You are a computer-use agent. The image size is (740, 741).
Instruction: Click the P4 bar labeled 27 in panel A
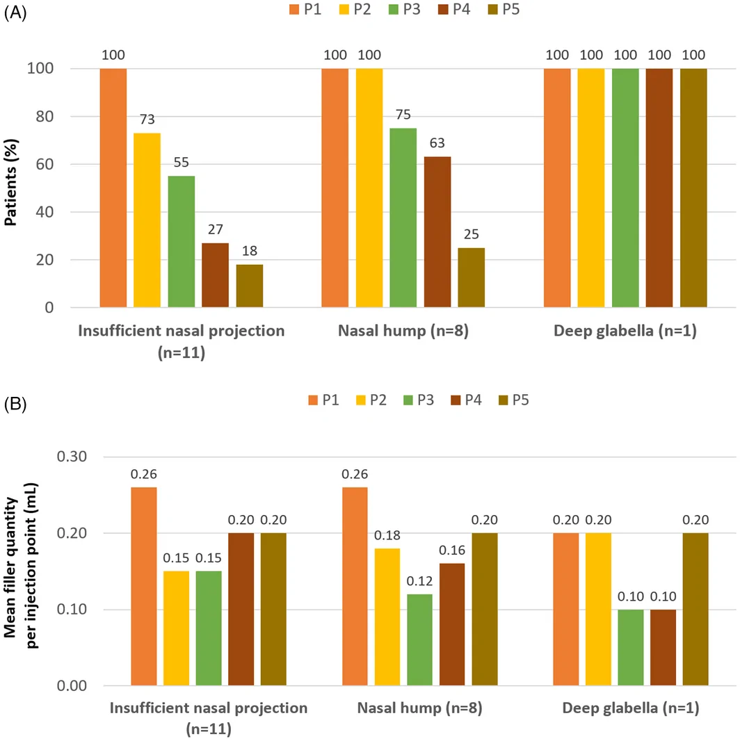(x=215, y=275)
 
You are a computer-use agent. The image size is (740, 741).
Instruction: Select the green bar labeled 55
(x=181, y=241)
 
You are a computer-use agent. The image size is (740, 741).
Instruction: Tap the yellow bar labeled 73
(x=147, y=220)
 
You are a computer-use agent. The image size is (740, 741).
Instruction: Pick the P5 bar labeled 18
(x=250, y=286)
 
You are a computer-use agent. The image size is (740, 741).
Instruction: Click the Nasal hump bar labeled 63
(x=437, y=232)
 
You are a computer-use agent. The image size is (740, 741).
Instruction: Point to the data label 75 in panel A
(x=403, y=115)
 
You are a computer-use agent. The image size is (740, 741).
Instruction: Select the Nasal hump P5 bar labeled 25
(x=472, y=277)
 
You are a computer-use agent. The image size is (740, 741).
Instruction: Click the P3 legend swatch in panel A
(x=394, y=10)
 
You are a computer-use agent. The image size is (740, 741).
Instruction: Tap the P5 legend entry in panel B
(x=514, y=400)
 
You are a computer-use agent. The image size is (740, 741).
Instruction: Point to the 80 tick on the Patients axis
(x=45, y=116)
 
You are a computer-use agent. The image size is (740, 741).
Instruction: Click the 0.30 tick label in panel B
(x=72, y=457)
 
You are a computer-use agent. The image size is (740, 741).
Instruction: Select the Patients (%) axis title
(x=10, y=182)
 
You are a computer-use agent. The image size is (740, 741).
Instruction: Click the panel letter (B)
(x=15, y=404)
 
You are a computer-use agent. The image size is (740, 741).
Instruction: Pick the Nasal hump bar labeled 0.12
(x=420, y=640)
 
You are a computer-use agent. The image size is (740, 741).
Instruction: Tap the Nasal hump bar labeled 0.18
(x=387, y=617)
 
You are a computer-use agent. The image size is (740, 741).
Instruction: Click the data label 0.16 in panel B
(x=452, y=551)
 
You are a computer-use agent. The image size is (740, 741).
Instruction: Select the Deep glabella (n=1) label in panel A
(x=625, y=332)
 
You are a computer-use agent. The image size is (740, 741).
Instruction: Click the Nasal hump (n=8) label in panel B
(x=420, y=708)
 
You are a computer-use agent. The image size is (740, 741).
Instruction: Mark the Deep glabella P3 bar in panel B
(x=631, y=647)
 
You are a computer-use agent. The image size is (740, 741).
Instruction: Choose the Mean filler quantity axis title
(x=20, y=566)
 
